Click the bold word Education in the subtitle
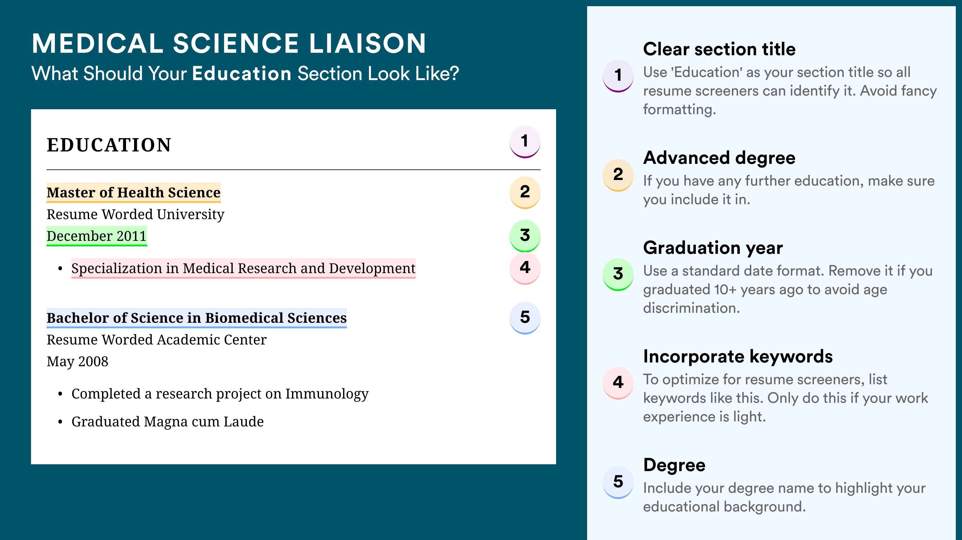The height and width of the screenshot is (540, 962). [x=242, y=73]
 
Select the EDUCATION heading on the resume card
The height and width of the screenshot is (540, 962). [x=109, y=145]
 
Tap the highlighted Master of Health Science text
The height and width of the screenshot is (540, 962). [x=134, y=193]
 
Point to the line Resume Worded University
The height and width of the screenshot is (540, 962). [x=136, y=214]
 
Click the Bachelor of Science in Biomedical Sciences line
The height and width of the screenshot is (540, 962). [x=197, y=318]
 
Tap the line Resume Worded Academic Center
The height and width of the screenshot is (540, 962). [x=156, y=340]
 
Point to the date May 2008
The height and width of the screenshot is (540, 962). [x=77, y=362]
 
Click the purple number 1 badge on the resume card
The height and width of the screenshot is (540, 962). [x=525, y=142]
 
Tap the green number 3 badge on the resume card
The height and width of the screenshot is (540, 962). [x=525, y=236]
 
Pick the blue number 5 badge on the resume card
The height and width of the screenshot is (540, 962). [x=525, y=318]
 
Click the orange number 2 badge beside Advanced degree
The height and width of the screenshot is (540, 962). [x=618, y=175]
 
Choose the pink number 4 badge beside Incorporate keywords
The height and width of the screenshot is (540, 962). [x=618, y=383]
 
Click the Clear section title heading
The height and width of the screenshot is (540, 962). [x=719, y=49]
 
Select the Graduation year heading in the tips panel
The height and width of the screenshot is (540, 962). [x=713, y=248]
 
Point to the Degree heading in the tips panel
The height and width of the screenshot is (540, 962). [x=674, y=465]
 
